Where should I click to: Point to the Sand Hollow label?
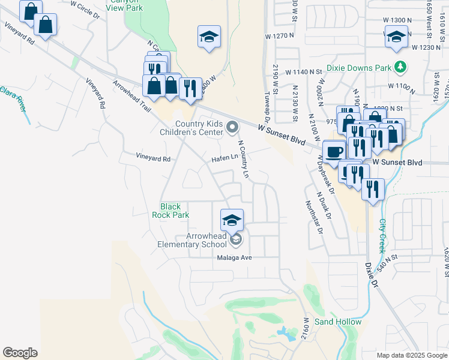click(338, 322)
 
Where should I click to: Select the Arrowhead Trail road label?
click(131, 95)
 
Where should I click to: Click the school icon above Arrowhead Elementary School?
click(232, 220)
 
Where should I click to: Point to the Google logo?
click(20, 353)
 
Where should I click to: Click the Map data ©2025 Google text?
click(412, 355)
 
